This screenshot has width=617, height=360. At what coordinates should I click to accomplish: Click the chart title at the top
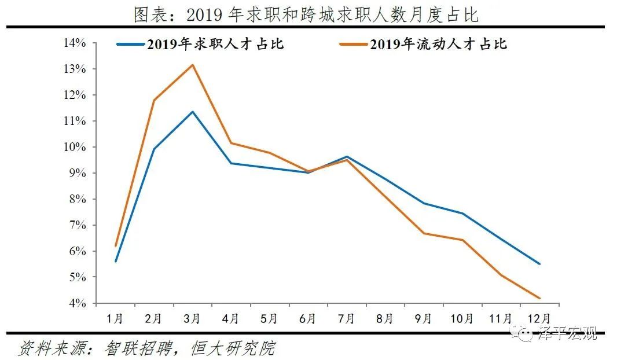tap(306, 14)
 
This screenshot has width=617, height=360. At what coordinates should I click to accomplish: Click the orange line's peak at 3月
tap(192, 65)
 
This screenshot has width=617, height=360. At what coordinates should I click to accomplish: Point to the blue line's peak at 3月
tap(192, 112)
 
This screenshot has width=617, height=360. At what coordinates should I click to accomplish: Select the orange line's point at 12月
tap(539, 298)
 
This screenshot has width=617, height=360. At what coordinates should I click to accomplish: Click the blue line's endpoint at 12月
tap(539, 264)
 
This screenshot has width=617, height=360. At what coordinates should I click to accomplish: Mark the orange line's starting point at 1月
tap(116, 246)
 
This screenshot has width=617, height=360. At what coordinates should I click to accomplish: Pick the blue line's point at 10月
tap(462, 214)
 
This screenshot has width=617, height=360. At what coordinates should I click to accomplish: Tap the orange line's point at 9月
tap(424, 233)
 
